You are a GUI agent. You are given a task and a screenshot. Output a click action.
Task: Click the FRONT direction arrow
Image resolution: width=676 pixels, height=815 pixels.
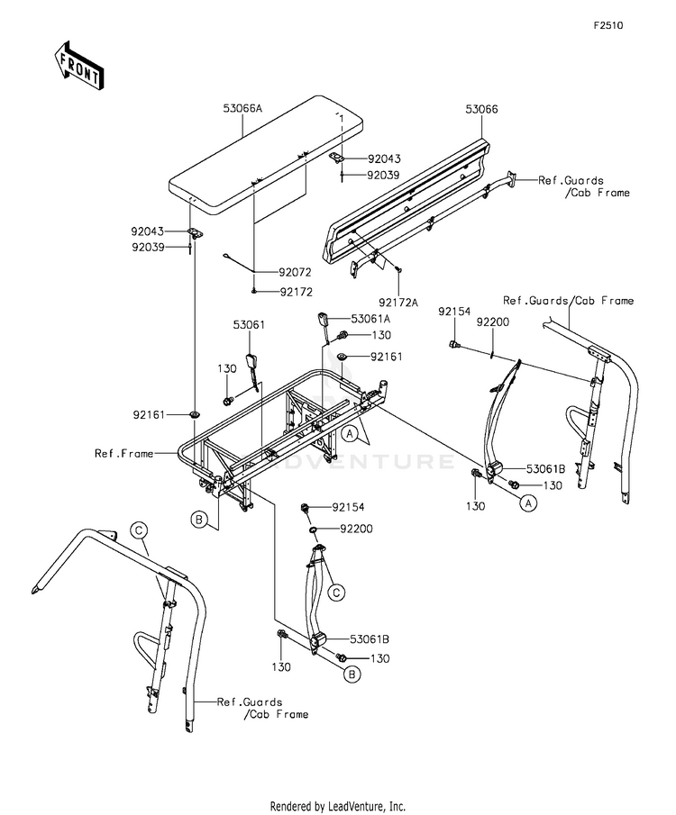click(78, 65)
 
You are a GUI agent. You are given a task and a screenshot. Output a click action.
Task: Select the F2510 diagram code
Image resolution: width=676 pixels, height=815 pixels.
click(608, 25)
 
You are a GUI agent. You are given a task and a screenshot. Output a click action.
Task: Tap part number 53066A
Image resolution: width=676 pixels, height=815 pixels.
click(242, 109)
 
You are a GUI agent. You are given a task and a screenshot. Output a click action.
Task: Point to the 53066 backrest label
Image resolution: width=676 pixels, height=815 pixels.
click(481, 109)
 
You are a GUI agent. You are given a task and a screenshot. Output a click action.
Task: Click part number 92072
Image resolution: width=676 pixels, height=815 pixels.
click(295, 272)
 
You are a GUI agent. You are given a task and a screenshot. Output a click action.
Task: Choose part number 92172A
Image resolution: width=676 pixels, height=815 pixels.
click(398, 303)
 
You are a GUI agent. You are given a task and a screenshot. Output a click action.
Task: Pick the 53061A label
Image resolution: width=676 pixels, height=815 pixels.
click(370, 319)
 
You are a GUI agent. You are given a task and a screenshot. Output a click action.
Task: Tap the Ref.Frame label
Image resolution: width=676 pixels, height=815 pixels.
click(123, 453)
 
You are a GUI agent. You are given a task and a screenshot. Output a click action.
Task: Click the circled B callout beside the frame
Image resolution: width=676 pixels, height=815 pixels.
click(199, 519)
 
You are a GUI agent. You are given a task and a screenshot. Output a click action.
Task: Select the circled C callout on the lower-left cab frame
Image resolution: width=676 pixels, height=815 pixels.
click(139, 530)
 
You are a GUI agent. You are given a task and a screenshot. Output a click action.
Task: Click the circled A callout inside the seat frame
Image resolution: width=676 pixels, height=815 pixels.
click(351, 433)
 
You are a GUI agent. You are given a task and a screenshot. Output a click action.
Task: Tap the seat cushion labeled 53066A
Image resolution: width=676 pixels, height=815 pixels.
click(266, 156)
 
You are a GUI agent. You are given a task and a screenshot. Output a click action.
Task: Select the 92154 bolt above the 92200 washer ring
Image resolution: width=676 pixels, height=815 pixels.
click(306, 507)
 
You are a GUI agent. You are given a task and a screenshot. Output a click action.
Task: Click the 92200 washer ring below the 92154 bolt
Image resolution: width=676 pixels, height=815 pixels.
click(314, 530)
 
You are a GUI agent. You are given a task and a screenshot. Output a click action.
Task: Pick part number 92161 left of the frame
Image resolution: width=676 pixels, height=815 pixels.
click(149, 415)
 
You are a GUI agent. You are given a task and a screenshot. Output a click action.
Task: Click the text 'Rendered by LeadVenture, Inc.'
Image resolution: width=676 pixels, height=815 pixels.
click(337, 806)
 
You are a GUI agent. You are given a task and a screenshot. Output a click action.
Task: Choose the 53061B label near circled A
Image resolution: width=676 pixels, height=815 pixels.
click(545, 469)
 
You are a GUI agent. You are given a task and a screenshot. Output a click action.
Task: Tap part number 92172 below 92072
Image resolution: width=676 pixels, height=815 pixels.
click(297, 292)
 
